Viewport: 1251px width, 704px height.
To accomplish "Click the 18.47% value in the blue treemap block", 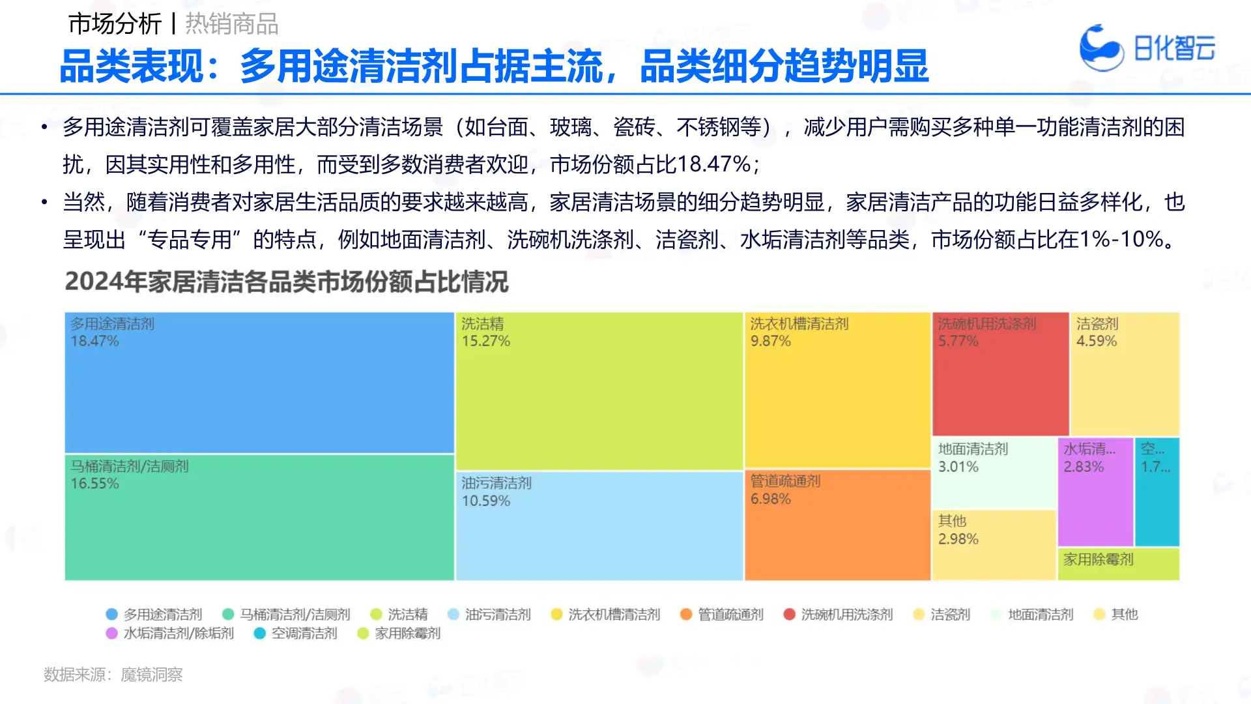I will click(x=94, y=341).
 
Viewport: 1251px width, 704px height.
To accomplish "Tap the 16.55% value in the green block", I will click(x=94, y=484).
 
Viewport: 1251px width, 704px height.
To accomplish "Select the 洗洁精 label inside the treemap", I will click(x=482, y=324).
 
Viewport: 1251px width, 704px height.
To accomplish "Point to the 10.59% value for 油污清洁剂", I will click(x=485, y=501).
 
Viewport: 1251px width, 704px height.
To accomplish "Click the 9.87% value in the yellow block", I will click(x=770, y=341).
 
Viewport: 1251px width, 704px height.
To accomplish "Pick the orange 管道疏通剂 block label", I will click(x=785, y=481).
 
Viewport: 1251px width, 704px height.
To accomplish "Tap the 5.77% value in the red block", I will click(x=958, y=341).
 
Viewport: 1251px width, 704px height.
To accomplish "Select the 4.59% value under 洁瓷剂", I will click(x=1096, y=341).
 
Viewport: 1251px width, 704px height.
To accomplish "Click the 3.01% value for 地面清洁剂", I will click(x=958, y=467).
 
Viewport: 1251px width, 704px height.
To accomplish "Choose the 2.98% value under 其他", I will click(x=958, y=539).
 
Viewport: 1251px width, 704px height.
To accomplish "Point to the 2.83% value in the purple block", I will click(x=1084, y=467).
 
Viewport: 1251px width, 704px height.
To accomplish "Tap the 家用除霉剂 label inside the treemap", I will click(x=1099, y=559).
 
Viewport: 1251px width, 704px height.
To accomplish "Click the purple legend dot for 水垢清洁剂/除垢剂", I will click(x=111, y=633).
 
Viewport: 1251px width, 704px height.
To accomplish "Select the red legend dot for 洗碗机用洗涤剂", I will click(x=789, y=614).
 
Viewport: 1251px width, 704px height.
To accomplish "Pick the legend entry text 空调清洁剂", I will click(x=304, y=633).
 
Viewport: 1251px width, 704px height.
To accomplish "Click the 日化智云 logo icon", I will click(x=1100, y=47).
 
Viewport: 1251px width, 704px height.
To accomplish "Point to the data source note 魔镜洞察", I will click(x=151, y=675).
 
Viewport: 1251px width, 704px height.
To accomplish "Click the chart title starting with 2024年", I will click(x=287, y=282).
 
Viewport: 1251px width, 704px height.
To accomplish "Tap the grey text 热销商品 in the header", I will click(x=232, y=24).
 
